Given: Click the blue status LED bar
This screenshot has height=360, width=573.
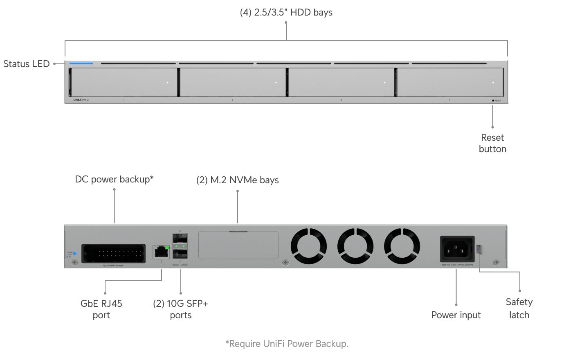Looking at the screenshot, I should [x=81, y=63].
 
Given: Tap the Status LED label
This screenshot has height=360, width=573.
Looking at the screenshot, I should [x=26, y=64].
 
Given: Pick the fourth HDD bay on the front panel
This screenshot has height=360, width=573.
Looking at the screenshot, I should [x=450, y=82].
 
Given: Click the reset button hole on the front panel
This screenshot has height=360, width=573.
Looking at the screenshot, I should [x=493, y=100].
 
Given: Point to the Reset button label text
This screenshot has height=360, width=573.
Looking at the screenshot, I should [x=492, y=143].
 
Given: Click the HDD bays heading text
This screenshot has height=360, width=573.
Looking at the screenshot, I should [x=286, y=12].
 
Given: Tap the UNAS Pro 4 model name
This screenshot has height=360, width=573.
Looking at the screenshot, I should [x=81, y=100].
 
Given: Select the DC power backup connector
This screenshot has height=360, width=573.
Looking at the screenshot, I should [x=113, y=254].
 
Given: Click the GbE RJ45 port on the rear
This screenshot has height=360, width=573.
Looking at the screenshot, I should [x=161, y=252].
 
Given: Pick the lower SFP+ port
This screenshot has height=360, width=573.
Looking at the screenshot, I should [x=180, y=254].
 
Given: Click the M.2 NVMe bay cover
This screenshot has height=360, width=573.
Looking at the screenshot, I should [x=238, y=245].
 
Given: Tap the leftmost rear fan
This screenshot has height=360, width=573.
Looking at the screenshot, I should [x=309, y=246].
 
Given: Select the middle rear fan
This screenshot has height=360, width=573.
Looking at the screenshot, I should [x=355, y=246].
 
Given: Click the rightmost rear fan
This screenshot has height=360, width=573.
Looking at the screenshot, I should [x=402, y=246].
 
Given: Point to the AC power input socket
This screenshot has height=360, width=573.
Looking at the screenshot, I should [x=457, y=249].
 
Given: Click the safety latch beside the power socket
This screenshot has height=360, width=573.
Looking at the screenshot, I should [x=479, y=249].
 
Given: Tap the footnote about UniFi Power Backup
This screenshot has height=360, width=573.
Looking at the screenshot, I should [x=287, y=344].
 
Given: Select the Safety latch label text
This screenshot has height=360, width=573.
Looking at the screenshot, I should [x=519, y=308].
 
